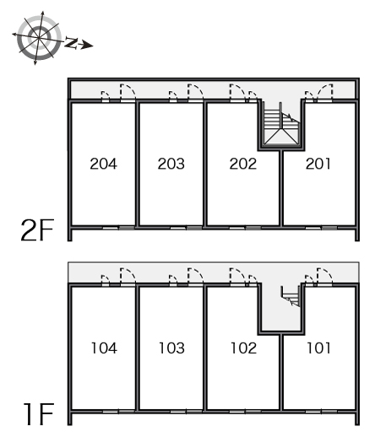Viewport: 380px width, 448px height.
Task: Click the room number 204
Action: pyautogui.click(x=104, y=164)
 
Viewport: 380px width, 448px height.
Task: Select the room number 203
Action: pyautogui.click(x=171, y=164)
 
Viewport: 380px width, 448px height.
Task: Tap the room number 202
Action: pyautogui.click(x=243, y=164)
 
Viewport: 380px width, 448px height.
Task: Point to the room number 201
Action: pyautogui.click(x=318, y=164)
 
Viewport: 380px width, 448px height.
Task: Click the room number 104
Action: pyautogui.click(x=104, y=348)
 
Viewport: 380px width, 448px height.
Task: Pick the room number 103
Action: pyautogui.click(x=171, y=348)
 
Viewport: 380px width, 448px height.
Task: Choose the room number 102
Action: pyautogui.click(x=243, y=348)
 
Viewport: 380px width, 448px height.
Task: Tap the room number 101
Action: pyautogui.click(x=318, y=348)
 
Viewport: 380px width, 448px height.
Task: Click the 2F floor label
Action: pyautogui.click(x=37, y=230)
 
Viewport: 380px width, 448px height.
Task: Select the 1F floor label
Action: pyautogui.click(x=39, y=414)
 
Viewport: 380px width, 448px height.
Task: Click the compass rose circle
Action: pyautogui.click(x=39, y=37)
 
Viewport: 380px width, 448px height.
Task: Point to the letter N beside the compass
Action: pyautogui.click(x=71, y=42)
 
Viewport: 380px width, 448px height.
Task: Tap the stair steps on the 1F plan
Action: pyautogui.click(x=290, y=296)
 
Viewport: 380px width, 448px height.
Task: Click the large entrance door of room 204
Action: pyautogui.click(x=128, y=93)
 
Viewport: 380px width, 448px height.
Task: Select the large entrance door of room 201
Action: pyautogui.click(x=325, y=93)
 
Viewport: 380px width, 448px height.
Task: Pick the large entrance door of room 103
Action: pyautogui.click(x=195, y=277)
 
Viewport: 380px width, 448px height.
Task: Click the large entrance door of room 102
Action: pyautogui.click(x=237, y=277)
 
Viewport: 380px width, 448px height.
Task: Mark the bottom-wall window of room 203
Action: pyautogui.click(x=186, y=228)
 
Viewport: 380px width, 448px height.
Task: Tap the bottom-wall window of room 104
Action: pyautogui.click(x=118, y=412)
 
